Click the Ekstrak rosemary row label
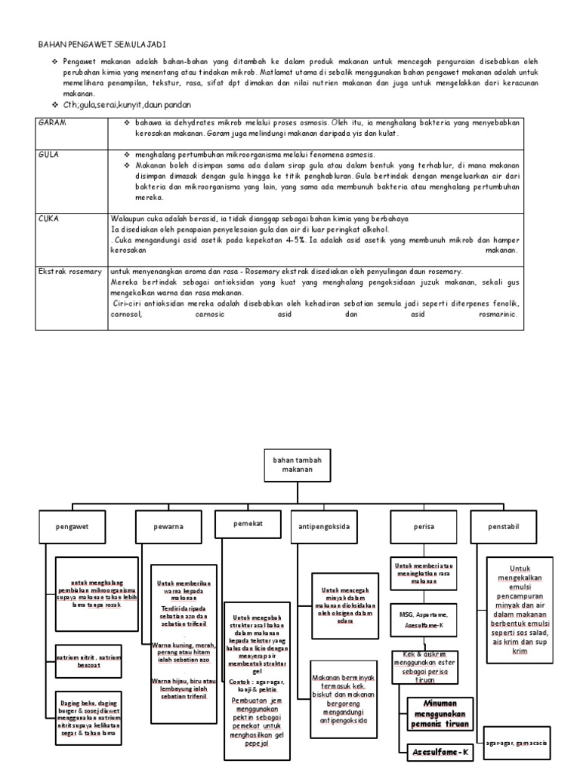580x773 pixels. (69, 271)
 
